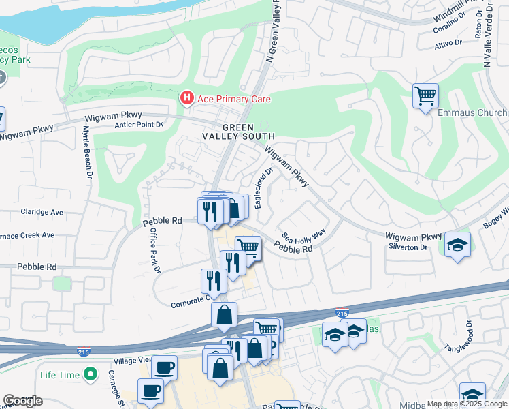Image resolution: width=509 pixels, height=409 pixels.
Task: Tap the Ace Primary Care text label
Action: coord(234,100)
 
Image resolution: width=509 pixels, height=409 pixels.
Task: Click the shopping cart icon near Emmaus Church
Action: coord(425,95)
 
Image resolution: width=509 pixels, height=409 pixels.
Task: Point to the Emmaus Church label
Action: coord(472,112)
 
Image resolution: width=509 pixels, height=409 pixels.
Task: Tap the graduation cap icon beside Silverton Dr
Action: coord(458,244)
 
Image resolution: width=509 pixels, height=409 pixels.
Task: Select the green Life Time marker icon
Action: coord(89,374)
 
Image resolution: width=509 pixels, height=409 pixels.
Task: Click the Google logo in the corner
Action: coord(22,401)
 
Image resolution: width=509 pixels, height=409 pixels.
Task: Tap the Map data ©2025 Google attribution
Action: coord(466,404)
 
